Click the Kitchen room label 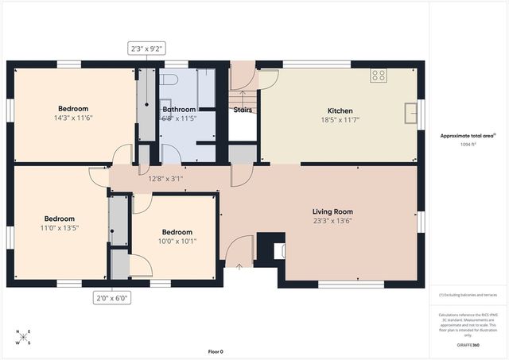340,110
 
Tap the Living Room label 332,211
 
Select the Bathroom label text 179,109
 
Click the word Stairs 243,110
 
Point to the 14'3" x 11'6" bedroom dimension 72,118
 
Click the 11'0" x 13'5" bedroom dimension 60,227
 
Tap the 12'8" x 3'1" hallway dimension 165,179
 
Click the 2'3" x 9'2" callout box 147,49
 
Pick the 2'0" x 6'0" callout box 111,298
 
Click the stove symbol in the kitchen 379,76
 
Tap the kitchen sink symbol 410,114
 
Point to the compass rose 25,337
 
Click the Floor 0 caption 216,350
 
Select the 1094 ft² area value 468,145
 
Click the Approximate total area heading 468,136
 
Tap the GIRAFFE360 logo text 468,346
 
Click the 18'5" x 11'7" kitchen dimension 340,119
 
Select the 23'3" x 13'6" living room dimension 332,221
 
